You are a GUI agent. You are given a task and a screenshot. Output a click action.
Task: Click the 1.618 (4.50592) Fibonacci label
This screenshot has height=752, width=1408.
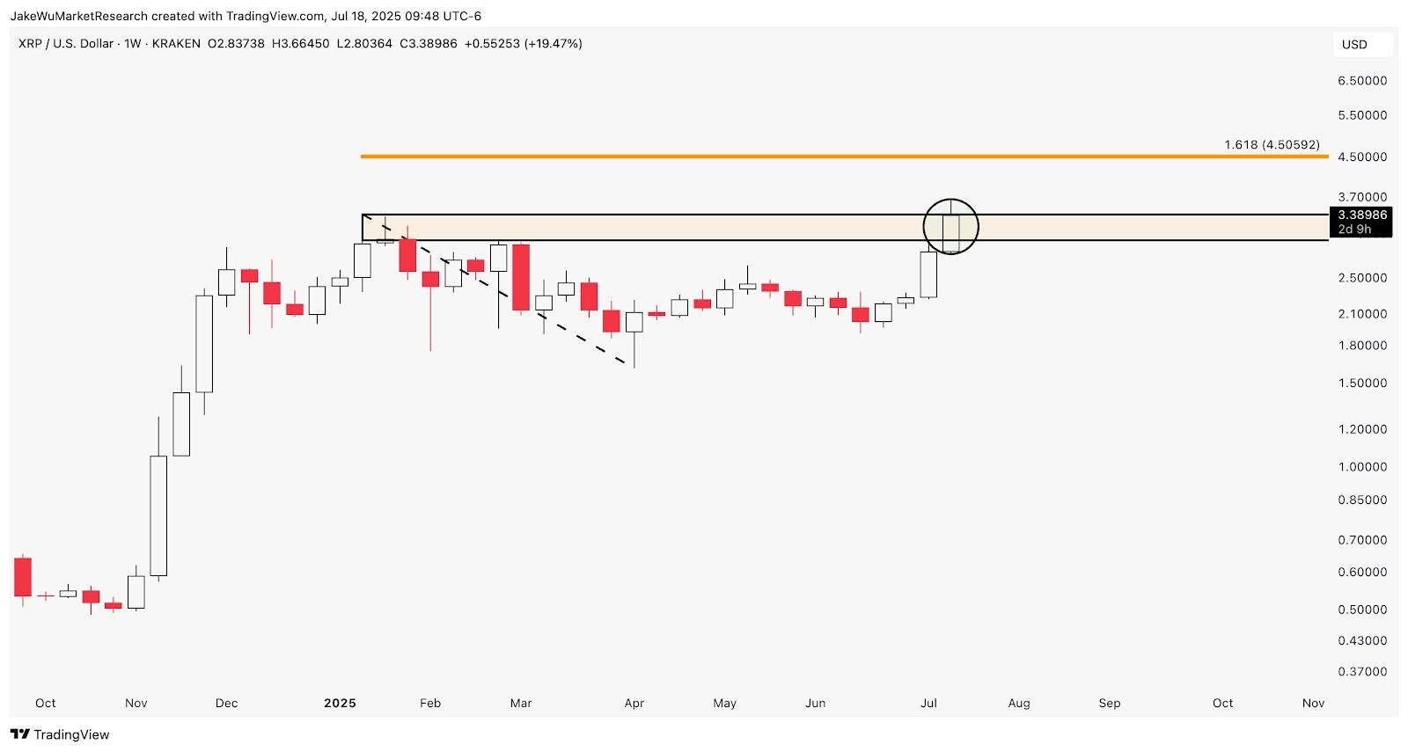1272,144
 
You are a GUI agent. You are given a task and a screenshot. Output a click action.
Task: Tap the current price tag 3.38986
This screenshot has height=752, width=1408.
1361,215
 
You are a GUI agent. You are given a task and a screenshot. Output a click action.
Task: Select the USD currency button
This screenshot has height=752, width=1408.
1354,45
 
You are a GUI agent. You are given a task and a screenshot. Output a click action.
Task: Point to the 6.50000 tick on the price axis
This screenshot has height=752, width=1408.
1361,81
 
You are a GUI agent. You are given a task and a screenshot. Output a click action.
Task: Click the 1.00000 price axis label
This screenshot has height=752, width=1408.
1361,467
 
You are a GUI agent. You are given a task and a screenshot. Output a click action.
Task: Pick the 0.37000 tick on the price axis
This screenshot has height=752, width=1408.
1361,672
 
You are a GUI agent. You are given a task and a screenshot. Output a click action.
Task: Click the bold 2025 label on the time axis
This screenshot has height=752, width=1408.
340,703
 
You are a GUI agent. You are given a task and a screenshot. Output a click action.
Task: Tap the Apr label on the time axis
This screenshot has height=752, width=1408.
634,703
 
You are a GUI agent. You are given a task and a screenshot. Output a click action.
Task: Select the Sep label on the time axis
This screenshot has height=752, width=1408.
1110,703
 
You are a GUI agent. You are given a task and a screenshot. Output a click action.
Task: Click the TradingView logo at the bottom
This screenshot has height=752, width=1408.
60,734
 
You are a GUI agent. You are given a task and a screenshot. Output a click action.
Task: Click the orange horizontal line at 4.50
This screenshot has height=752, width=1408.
792,157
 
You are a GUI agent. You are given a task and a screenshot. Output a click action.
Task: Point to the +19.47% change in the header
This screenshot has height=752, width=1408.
553,44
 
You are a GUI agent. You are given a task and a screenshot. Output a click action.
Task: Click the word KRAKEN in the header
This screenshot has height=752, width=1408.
176,44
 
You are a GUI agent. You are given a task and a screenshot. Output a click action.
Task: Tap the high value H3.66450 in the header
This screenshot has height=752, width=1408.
300,44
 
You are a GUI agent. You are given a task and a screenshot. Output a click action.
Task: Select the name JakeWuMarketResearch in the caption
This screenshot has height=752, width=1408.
78,16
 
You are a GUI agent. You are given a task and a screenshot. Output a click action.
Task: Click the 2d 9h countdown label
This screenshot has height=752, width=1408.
1355,230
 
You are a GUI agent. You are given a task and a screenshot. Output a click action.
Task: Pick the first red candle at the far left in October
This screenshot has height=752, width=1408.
23,577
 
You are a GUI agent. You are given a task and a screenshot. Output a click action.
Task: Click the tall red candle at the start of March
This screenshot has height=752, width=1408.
521,277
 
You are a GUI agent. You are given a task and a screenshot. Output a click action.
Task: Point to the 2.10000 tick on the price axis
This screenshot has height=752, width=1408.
1361,314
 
